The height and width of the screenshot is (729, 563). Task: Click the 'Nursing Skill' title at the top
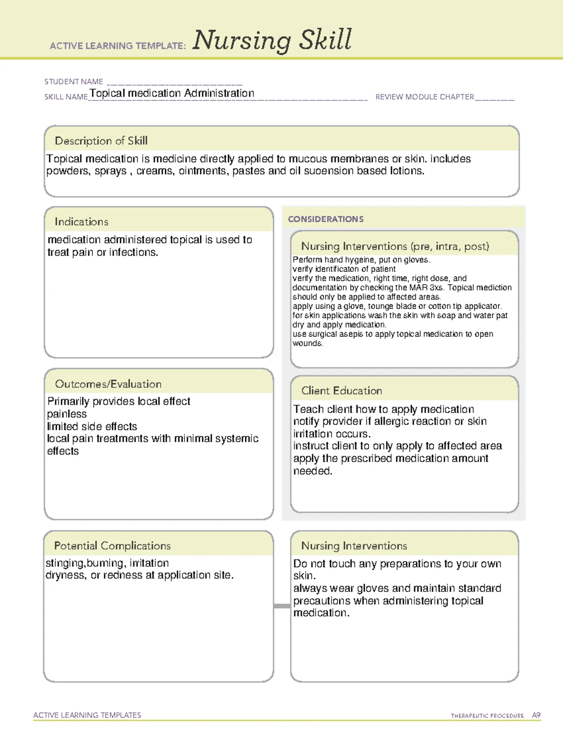point(272,40)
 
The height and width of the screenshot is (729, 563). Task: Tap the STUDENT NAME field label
point(74,82)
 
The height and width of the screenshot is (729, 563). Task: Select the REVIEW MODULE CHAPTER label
point(425,97)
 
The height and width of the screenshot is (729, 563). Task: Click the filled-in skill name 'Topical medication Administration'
point(172,93)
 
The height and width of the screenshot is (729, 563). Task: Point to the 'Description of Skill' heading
point(101,141)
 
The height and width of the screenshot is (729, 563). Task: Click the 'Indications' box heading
point(81,222)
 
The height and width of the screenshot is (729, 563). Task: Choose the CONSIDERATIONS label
point(326,219)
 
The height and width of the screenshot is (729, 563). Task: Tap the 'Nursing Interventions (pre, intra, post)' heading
point(395,246)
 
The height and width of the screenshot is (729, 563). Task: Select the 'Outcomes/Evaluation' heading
point(108,384)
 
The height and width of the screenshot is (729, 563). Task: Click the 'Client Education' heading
point(342,391)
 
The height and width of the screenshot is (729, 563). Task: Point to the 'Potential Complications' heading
point(112,546)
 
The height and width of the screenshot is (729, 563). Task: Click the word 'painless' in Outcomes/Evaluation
point(67,414)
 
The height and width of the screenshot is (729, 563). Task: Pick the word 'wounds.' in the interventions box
point(308,344)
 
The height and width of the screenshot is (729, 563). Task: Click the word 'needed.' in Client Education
point(312,471)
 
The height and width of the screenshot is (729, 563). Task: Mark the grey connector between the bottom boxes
point(282,606)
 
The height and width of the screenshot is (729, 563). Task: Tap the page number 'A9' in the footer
point(536,715)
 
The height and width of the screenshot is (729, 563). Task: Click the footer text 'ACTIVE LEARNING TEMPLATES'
point(87,715)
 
